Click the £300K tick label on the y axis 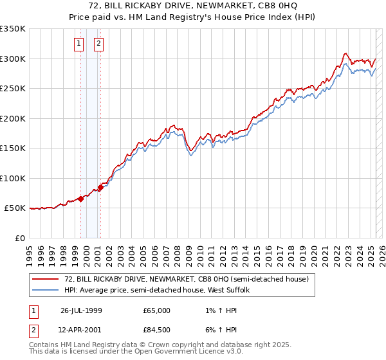tap(12, 59)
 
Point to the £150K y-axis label tap(12, 148)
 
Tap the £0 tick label tap(19, 238)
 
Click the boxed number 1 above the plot tap(78, 44)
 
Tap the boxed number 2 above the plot tap(98, 44)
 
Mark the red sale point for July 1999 tap(81, 199)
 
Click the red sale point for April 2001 tap(100, 188)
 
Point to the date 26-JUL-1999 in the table tap(82, 310)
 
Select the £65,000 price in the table tap(157, 310)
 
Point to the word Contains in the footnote tap(44, 346)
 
